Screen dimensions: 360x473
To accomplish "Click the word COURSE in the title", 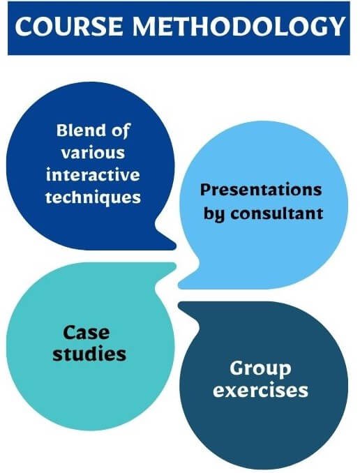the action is point(69,27).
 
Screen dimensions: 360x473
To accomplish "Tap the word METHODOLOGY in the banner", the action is point(239,27).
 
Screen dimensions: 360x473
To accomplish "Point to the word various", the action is point(93,153).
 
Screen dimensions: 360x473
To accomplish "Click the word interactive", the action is point(93,175).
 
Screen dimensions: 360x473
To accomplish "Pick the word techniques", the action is point(93,197).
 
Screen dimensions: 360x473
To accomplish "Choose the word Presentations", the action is point(261,190).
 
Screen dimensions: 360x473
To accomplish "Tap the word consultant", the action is point(277,213).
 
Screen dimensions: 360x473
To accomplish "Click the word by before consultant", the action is point(214,214).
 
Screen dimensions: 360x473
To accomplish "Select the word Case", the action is point(87,333).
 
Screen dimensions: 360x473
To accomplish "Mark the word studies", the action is point(89,354).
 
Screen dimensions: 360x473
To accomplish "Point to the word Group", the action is point(260,368).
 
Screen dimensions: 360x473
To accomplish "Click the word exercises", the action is point(260,391).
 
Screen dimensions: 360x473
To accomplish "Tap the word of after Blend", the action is point(121,131).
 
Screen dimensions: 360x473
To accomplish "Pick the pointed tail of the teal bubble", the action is point(174,266).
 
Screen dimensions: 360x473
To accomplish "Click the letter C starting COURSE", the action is point(24,27).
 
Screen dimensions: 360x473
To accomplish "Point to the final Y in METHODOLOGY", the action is point(336,27).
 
